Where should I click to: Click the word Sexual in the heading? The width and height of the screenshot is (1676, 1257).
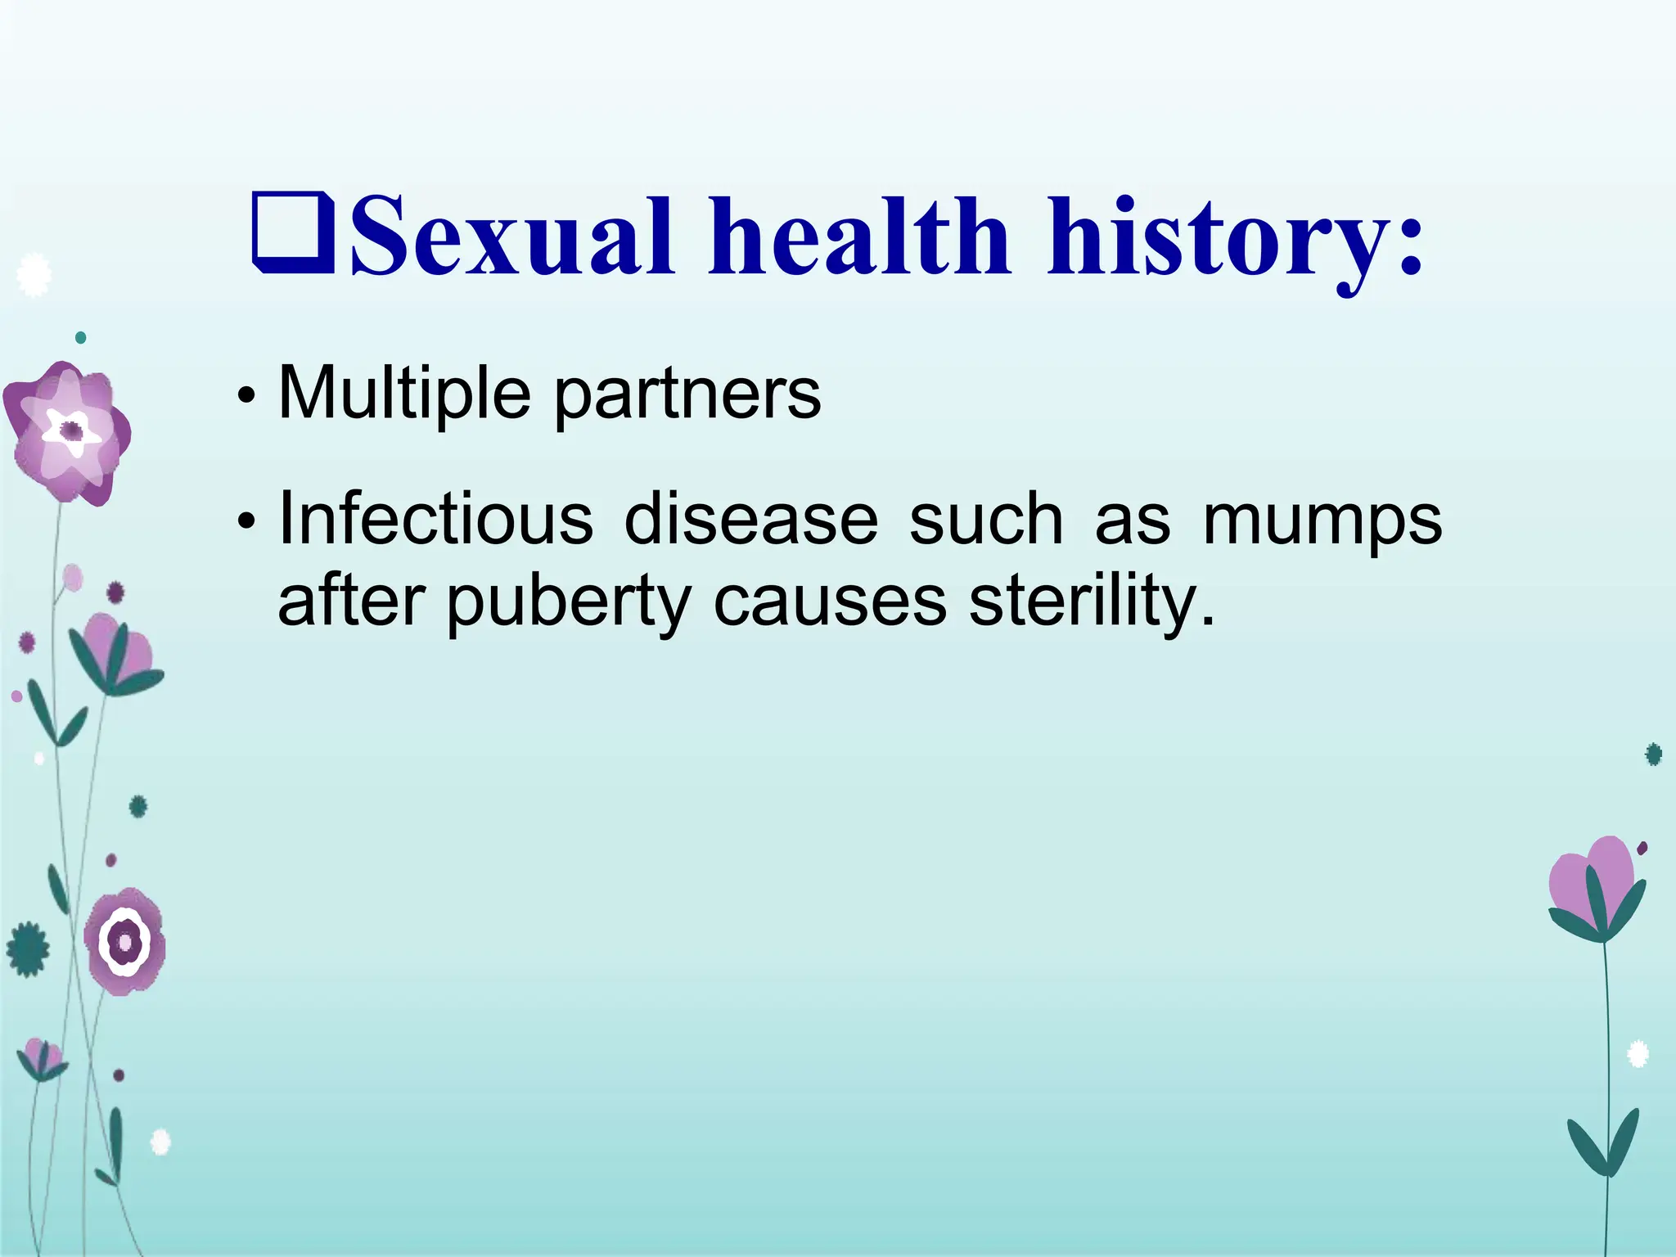point(514,237)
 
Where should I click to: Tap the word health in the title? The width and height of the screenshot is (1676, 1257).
point(859,237)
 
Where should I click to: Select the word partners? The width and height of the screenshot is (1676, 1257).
point(687,398)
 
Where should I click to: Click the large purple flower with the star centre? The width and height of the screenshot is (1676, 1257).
point(69,431)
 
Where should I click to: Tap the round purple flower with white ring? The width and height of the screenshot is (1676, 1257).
point(125,943)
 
